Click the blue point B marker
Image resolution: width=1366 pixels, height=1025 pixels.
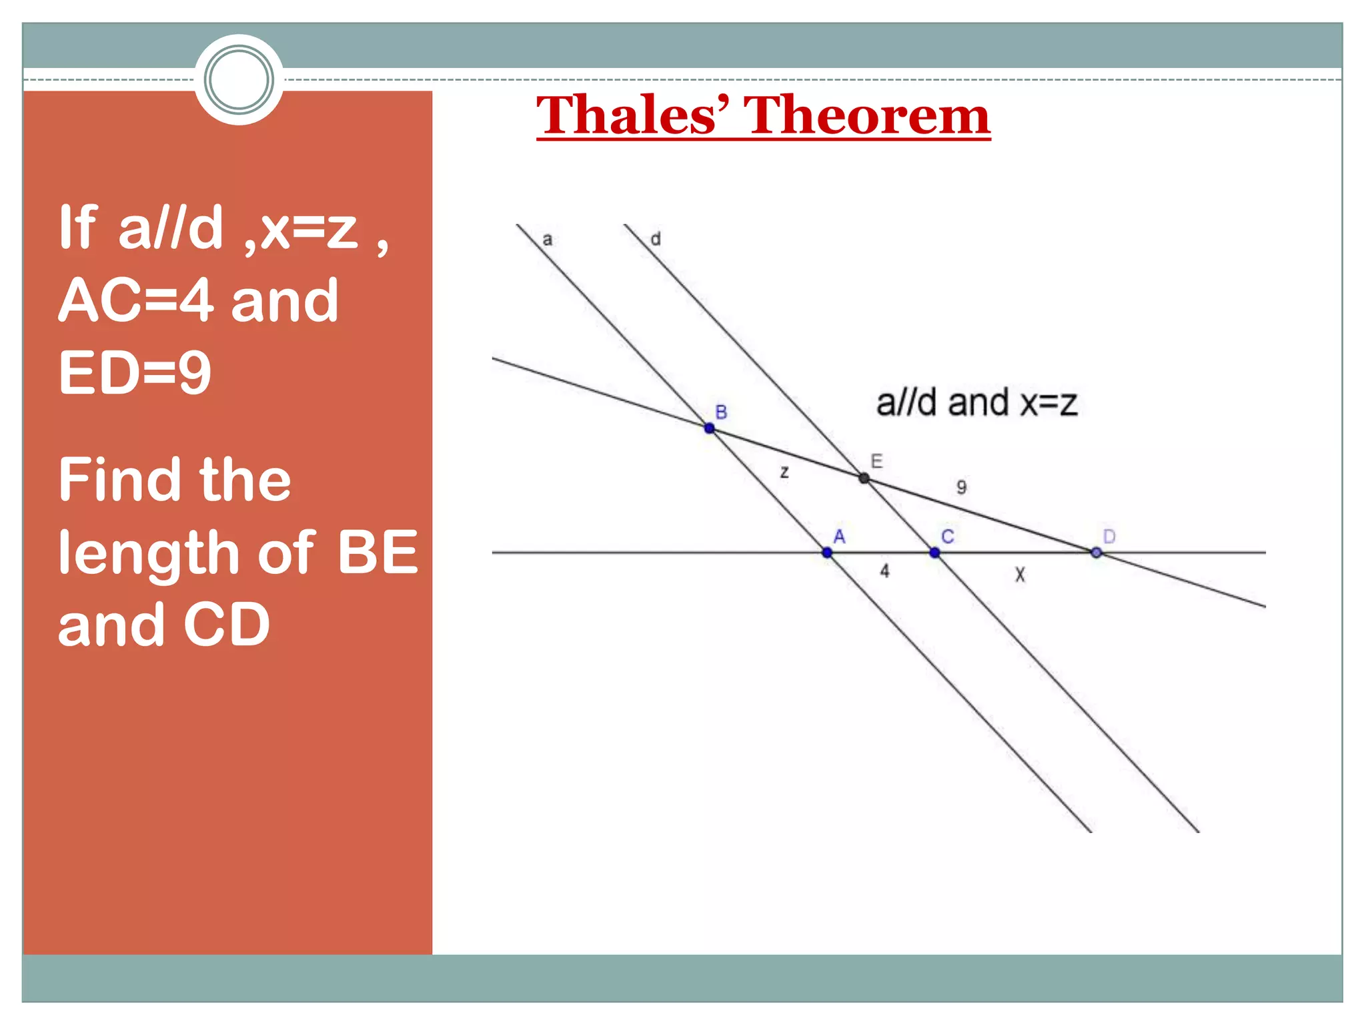pos(710,428)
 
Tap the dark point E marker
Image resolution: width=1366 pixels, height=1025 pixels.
pos(864,478)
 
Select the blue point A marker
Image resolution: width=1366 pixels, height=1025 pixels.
pos(827,553)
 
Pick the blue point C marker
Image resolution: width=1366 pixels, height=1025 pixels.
pos(934,553)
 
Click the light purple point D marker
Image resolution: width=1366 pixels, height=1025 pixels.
pos(1096,553)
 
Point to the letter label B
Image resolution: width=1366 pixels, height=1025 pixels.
pos(721,412)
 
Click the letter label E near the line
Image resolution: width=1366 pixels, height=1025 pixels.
pos(876,460)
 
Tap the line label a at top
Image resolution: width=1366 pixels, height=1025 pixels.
pos(548,240)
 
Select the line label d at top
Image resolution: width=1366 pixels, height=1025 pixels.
pos(656,239)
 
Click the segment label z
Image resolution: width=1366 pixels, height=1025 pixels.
pos(784,472)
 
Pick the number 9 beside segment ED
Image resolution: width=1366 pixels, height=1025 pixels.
pos(961,486)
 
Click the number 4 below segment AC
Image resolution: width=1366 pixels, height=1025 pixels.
pos(884,571)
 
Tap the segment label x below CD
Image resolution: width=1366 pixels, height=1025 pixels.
pos(1020,574)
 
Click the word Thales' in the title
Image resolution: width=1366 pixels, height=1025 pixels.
pos(632,115)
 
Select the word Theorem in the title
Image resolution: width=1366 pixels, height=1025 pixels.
pos(866,115)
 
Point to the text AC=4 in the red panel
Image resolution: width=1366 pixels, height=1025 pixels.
pos(136,300)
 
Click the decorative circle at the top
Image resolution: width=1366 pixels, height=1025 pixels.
pos(239,80)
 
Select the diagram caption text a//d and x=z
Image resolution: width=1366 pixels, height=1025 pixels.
pos(976,403)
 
